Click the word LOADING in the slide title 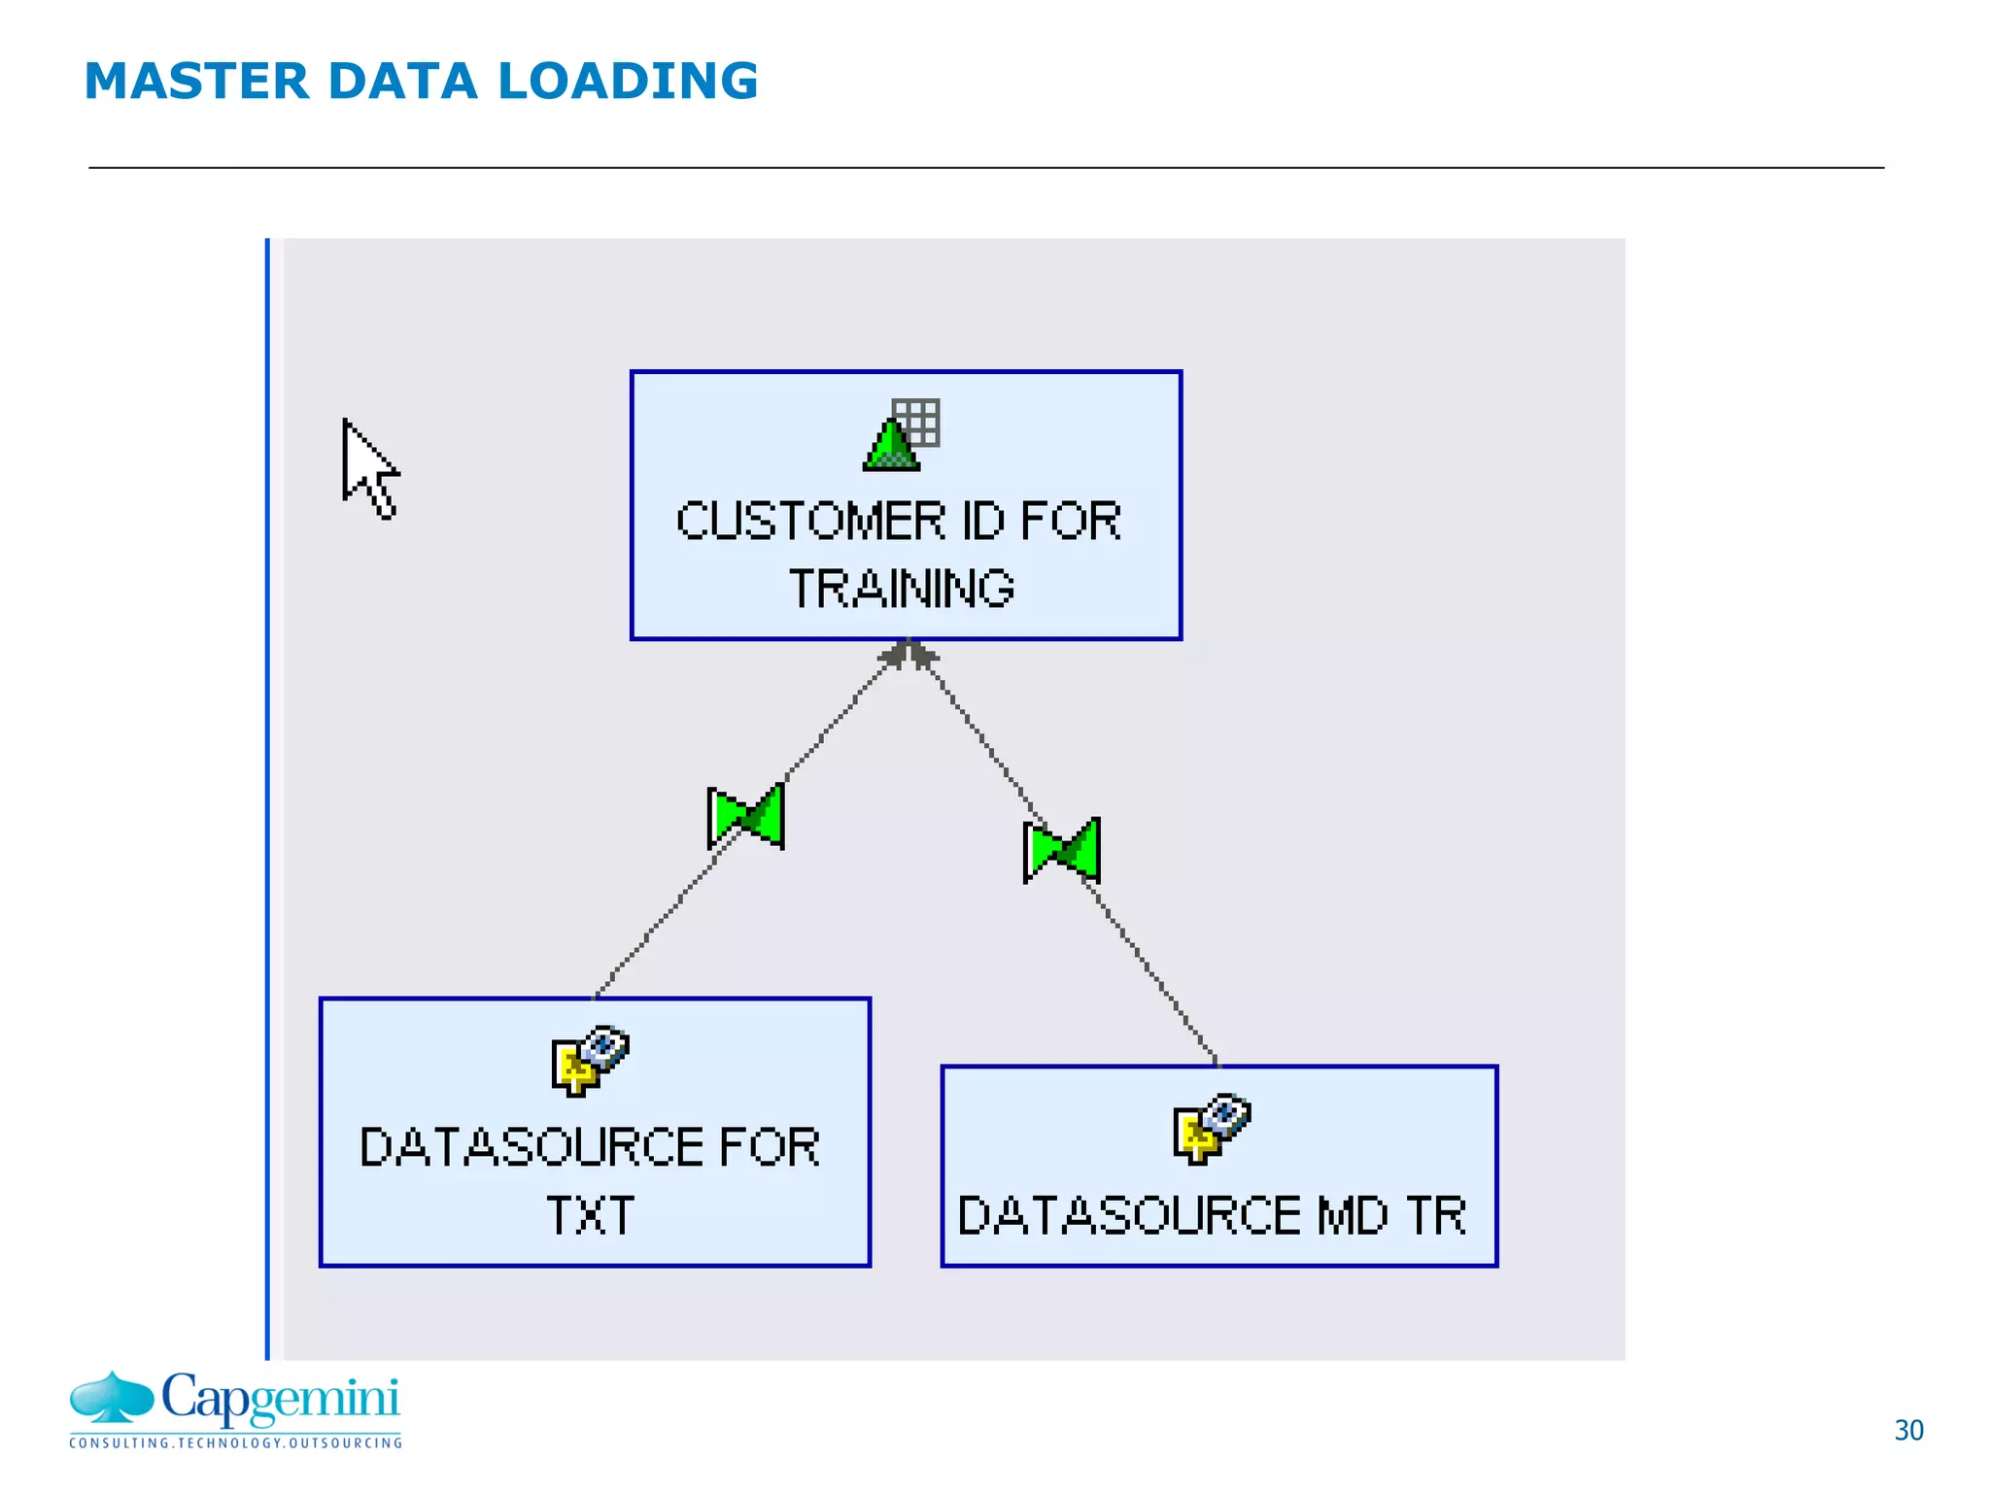point(627,81)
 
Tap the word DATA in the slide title point(402,81)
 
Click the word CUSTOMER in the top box point(809,522)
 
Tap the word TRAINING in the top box point(902,589)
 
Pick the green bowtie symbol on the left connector point(746,817)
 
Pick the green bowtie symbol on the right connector point(1062,851)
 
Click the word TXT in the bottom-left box point(590,1215)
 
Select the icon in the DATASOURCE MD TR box point(1211,1129)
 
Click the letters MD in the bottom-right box point(1352,1215)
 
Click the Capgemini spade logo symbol point(112,1399)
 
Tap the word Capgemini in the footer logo point(280,1399)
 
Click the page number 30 point(1908,1430)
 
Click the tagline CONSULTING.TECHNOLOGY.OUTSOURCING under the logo point(235,1443)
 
